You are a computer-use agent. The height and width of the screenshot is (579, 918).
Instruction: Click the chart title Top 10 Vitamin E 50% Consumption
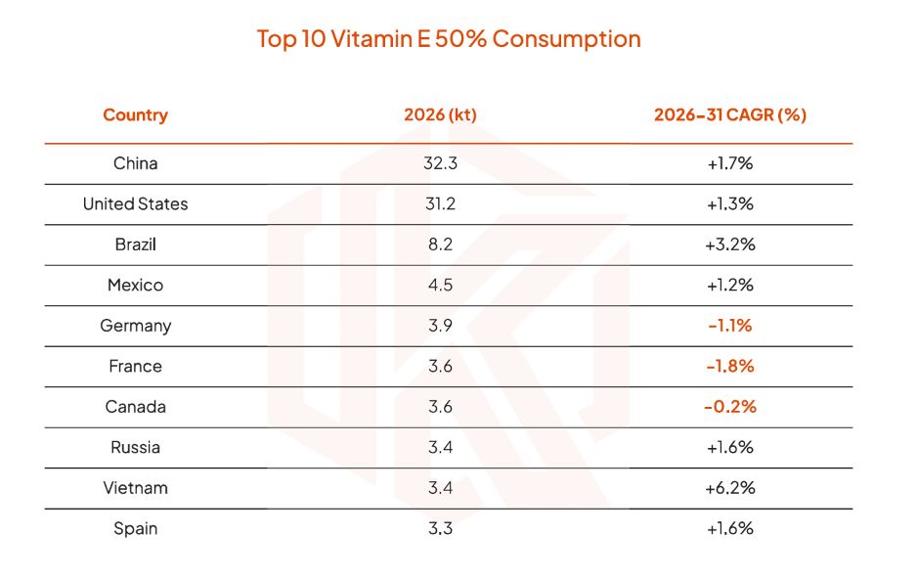coord(449,39)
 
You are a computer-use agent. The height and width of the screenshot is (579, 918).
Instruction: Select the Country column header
coord(135,115)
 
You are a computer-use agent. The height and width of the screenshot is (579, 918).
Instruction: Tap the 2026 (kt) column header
coord(440,114)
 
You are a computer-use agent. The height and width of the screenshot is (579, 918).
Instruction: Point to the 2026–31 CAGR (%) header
coord(730,114)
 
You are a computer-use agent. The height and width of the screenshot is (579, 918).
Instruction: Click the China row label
coord(135,163)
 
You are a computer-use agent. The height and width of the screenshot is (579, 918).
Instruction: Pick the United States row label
coord(135,203)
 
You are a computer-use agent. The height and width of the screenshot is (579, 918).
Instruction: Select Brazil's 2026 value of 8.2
coord(440,245)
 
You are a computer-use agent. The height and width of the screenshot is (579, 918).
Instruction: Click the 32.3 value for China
coord(440,163)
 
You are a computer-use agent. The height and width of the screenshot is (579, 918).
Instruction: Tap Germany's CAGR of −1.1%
coord(730,326)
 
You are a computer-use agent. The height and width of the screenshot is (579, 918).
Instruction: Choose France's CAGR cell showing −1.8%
coord(730,366)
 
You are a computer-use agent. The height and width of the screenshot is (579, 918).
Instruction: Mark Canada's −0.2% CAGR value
coord(730,406)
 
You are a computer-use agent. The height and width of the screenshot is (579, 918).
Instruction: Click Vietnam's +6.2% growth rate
coord(730,488)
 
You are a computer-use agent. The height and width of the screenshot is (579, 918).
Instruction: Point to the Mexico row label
coord(135,286)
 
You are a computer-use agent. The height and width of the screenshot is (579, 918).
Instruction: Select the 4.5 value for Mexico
coord(440,286)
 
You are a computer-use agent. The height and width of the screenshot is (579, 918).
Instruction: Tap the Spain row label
coord(135,529)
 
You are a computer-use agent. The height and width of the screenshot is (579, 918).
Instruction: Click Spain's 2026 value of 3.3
coord(440,529)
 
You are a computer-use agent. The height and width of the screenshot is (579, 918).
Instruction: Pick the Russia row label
coord(135,447)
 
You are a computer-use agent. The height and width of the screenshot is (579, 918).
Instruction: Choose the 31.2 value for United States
coord(440,203)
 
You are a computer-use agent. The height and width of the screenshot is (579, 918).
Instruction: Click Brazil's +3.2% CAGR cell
coord(730,245)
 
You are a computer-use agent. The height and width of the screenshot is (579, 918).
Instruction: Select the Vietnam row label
coord(135,488)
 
